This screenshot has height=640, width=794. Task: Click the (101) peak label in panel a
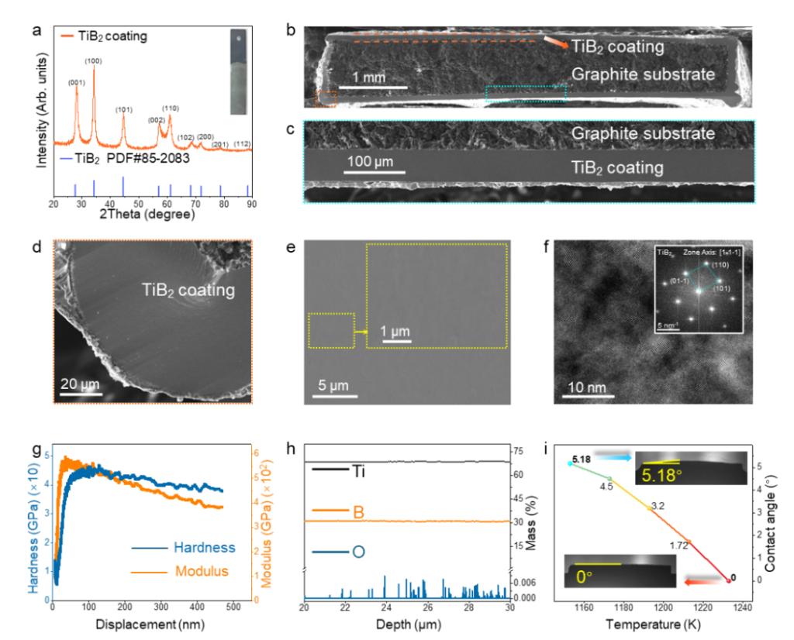pyautogui.click(x=124, y=109)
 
